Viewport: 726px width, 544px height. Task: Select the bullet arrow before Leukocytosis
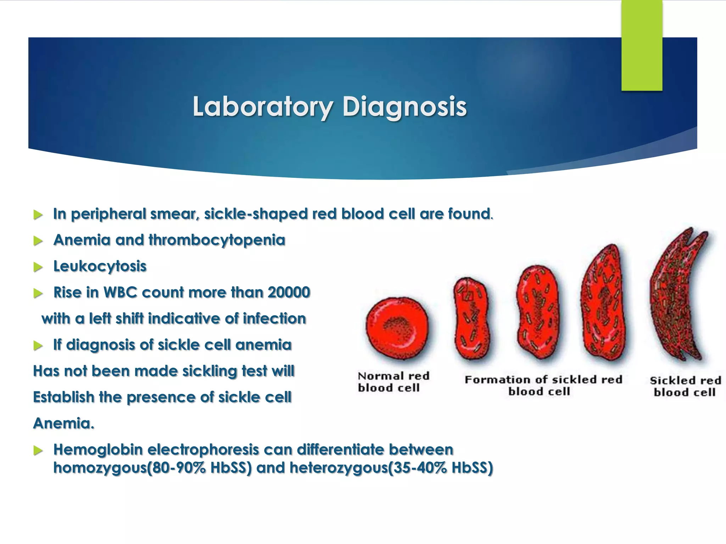pyautogui.click(x=38, y=267)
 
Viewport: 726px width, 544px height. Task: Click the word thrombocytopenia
pyautogui.click(x=217, y=240)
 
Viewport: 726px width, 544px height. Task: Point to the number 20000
pyautogui.click(x=289, y=293)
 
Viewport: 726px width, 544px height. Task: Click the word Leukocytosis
pyautogui.click(x=100, y=267)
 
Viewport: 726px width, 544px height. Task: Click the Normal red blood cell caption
pyautogui.click(x=393, y=382)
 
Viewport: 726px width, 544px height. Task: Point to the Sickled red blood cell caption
pyautogui.click(x=685, y=386)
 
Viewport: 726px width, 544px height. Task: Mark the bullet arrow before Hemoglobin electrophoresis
pyautogui.click(x=38, y=450)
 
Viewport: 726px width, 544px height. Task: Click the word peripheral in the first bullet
pyautogui.click(x=108, y=214)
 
